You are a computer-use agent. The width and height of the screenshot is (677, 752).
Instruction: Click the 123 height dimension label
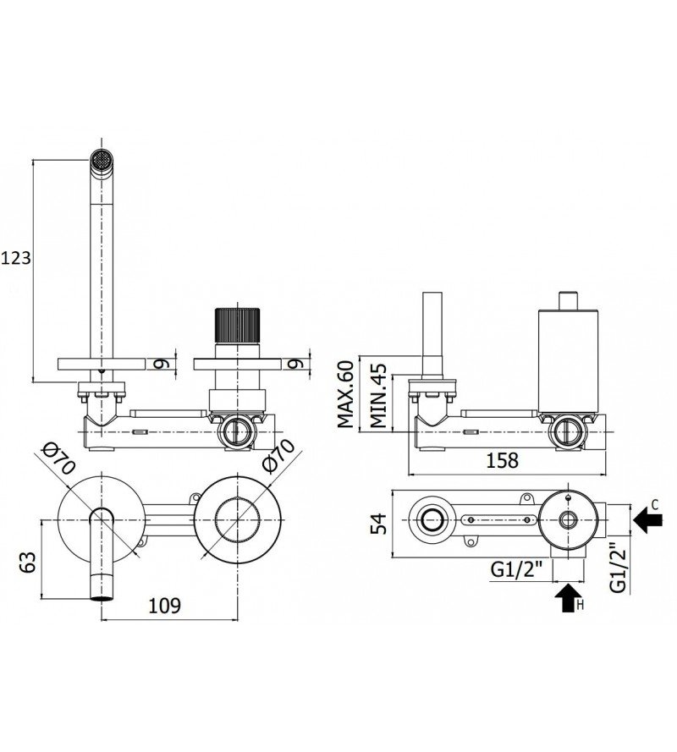point(15,258)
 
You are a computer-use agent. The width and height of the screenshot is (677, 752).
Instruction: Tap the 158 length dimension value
point(503,460)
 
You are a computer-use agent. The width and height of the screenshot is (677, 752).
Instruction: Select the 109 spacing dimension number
point(164,606)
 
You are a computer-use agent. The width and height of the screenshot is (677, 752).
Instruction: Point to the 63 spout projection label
point(28,562)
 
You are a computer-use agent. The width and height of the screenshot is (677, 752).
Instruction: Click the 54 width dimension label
point(378,524)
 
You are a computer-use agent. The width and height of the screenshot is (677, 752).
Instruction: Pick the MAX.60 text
point(345,393)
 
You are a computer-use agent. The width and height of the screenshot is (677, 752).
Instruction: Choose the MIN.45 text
point(377,396)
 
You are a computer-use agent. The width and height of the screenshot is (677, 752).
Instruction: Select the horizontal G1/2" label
point(516,570)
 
